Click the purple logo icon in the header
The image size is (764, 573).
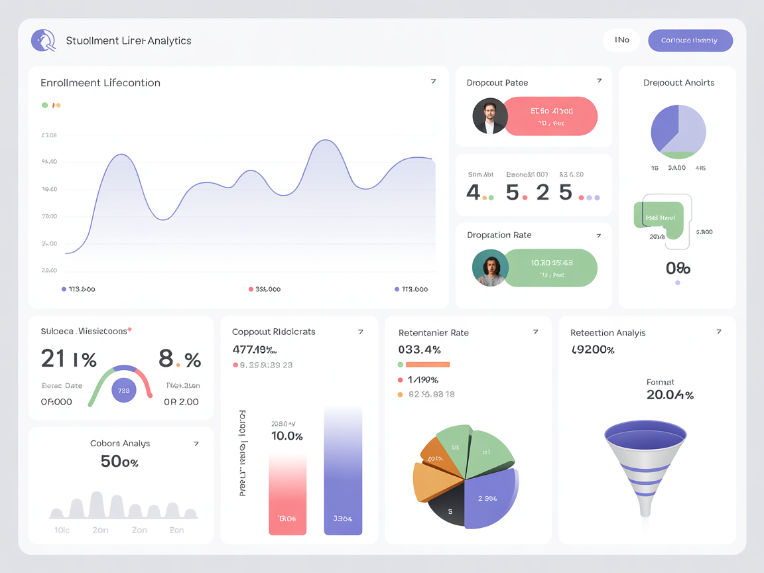[43, 40]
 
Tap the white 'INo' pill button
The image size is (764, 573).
[621, 40]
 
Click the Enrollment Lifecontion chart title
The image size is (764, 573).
[100, 83]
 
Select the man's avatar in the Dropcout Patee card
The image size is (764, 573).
[490, 117]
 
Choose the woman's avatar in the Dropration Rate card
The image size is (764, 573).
[490, 268]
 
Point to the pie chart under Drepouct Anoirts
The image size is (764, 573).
[678, 131]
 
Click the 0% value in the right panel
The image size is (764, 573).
[678, 269]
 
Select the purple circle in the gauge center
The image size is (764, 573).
[124, 390]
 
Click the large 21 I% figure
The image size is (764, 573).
[68, 359]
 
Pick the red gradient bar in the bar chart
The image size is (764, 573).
[287, 494]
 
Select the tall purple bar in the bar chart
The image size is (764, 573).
[343, 471]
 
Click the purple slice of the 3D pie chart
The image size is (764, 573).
[489, 497]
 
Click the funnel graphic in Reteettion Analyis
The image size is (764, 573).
[645, 464]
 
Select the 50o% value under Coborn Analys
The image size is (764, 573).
[119, 462]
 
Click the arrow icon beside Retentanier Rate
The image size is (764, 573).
[535, 332]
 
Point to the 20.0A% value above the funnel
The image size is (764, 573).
[670, 395]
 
